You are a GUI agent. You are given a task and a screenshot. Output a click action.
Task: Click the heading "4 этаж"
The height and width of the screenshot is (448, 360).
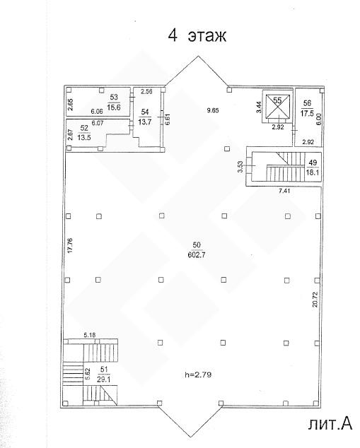click(x=197, y=36)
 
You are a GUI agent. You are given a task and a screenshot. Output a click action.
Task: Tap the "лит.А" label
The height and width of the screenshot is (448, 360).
click(x=330, y=424)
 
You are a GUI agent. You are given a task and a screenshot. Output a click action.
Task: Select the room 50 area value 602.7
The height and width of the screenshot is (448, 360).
click(x=197, y=255)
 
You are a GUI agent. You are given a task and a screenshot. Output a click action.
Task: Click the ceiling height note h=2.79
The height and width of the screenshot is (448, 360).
click(x=198, y=375)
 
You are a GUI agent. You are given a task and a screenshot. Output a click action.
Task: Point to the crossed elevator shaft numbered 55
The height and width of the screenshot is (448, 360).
click(x=278, y=106)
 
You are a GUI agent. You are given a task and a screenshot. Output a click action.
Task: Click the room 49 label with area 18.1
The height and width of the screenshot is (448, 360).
click(x=313, y=167)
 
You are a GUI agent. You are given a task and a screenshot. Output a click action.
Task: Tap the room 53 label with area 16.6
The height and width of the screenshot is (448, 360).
click(x=114, y=102)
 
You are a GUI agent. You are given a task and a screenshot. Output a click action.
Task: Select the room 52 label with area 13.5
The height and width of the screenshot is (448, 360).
click(x=84, y=133)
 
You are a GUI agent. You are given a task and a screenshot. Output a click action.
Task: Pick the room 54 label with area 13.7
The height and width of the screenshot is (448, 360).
click(x=145, y=117)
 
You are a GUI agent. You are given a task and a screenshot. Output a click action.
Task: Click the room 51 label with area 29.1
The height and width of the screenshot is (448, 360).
click(x=103, y=375)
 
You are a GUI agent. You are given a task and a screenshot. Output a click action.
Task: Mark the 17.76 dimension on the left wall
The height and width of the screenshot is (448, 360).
click(x=71, y=245)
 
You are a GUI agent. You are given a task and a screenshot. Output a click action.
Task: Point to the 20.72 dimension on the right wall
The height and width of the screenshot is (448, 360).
click(x=315, y=299)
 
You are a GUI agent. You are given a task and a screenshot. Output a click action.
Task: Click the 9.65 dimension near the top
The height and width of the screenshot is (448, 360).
click(x=213, y=110)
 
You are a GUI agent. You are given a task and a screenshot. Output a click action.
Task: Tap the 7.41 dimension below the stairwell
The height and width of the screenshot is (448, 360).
click(x=284, y=191)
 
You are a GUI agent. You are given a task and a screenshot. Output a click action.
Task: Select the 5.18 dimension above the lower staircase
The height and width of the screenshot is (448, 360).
click(x=90, y=335)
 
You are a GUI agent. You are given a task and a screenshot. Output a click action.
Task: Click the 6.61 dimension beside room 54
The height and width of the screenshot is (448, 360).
click(x=168, y=119)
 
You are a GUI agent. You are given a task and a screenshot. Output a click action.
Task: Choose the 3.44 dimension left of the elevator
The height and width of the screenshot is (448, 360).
click(x=259, y=107)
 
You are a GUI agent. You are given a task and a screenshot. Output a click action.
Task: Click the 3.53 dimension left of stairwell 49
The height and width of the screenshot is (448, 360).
click(x=240, y=167)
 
